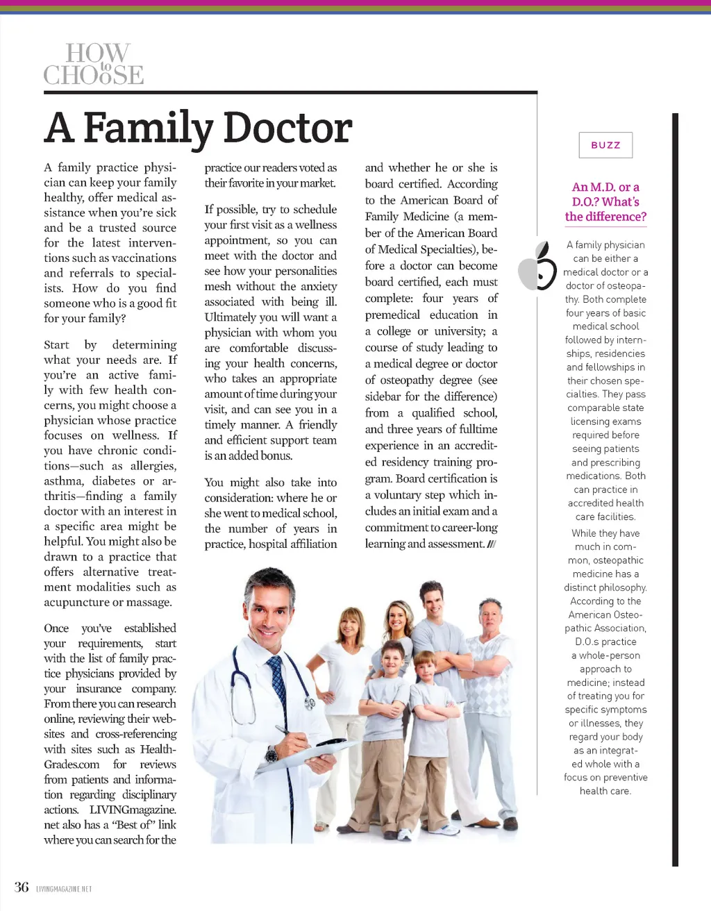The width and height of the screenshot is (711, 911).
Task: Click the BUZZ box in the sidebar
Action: [x=605, y=145]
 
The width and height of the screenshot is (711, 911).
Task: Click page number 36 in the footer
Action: [x=22, y=887]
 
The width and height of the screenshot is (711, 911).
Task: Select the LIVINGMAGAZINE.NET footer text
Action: [x=64, y=889]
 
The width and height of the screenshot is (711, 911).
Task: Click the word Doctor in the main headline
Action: [x=287, y=128]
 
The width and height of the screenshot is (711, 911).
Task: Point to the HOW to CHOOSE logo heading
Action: [x=94, y=64]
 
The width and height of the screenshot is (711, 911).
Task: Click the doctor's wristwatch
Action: [x=271, y=755]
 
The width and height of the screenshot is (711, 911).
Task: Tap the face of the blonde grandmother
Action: [x=351, y=625]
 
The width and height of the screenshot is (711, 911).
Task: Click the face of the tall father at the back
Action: [x=431, y=601]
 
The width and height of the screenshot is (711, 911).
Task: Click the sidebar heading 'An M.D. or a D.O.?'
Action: [x=605, y=201]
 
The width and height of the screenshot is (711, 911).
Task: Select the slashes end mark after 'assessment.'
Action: [x=492, y=544]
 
